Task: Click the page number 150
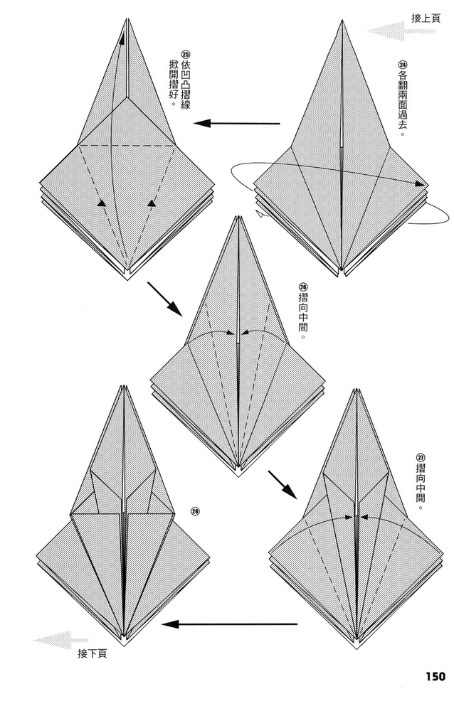pyautogui.click(x=435, y=677)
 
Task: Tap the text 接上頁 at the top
pyautogui.click(x=426, y=18)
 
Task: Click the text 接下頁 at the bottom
pyautogui.click(x=93, y=653)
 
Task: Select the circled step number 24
pyautogui.click(x=402, y=65)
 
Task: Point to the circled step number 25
pyautogui.click(x=185, y=53)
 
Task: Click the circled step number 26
pyautogui.click(x=303, y=287)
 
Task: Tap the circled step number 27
pyautogui.click(x=420, y=457)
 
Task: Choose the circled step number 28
pyautogui.click(x=195, y=511)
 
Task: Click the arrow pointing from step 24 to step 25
pyautogui.click(x=236, y=123)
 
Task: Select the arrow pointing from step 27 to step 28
pyautogui.click(x=229, y=624)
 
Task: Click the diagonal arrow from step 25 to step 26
pyautogui.click(x=164, y=299)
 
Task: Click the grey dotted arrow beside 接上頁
pyautogui.click(x=401, y=31)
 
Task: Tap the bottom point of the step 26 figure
pyautogui.click(x=238, y=476)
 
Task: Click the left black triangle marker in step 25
pyautogui.click(x=102, y=204)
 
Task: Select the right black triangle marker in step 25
pyautogui.click(x=152, y=204)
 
